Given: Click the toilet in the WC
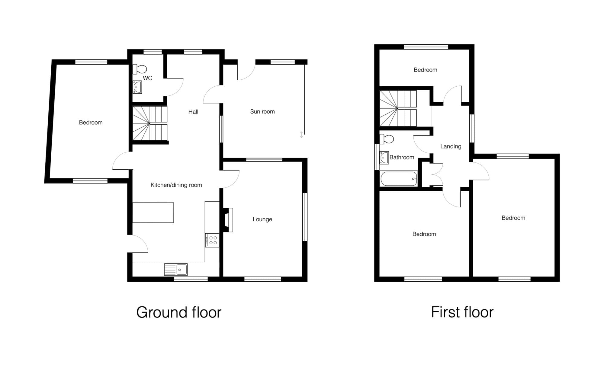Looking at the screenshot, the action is [x=140, y=69].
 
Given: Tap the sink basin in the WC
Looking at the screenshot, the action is [x=137, y=87].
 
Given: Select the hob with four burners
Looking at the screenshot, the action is [x=212, y=240].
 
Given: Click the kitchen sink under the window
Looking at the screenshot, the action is [x=176, y=269].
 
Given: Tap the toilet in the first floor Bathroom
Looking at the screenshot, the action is [x=387, y=139].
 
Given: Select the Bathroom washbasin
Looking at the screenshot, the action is [x=384, y=158].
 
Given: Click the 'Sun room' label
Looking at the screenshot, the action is [x=262, y=111].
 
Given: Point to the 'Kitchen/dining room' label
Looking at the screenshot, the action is [x=176, y=185].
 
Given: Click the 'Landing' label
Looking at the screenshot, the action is [x=451, y=146].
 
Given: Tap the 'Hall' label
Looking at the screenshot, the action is [x=193, y=112].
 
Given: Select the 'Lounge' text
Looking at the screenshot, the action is [x=262, y=219].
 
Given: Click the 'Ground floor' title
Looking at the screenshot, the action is [x=179, y=312].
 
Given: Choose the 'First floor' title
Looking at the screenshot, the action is [x=462, y=312].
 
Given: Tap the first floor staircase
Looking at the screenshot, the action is [x=398, y=108].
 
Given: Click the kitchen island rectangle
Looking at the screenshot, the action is [x=153, y=213].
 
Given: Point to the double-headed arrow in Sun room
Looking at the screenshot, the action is [x=301, y=135].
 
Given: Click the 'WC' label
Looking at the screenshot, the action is [x=147, y=78].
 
